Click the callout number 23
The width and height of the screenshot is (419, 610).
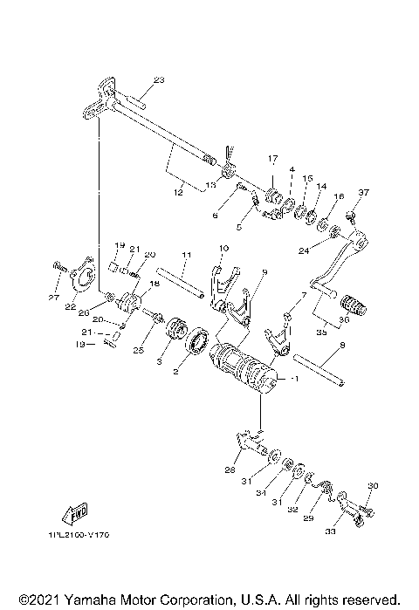pyautogui.click(x=158, y=80)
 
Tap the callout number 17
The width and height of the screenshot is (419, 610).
pyautogui.click(x=271, y=159)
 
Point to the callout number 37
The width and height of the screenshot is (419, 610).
pyautogui.click(x=364, y=192)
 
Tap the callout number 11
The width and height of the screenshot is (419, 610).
pyautogui.click(x=185, y=255)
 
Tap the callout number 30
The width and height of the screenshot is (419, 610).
pyautogui.click(x=373, y=486)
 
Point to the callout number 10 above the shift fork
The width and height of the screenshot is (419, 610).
pyautogui.click(x=223, y=249)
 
